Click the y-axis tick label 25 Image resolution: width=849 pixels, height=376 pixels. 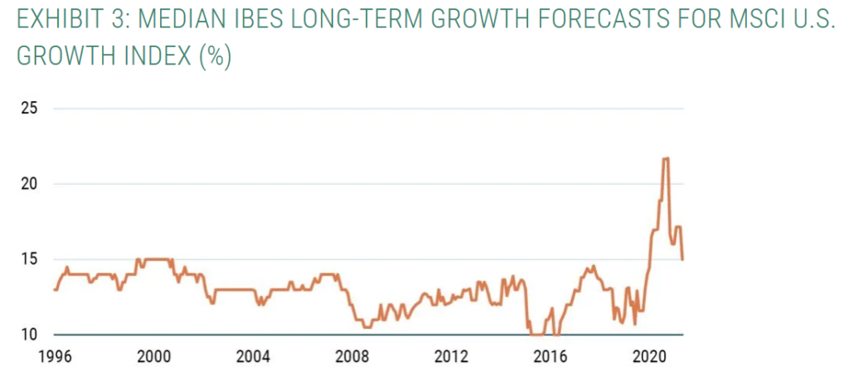[x=30, y=108]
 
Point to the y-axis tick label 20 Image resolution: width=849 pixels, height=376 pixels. [x=30, y=184]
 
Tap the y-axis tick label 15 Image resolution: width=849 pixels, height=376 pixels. [x=30, y=259]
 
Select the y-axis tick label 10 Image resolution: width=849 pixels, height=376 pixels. [x=30, y=335]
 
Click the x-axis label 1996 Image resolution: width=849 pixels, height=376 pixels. [x=55, y=358]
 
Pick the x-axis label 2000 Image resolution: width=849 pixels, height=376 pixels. [x=153, y=358]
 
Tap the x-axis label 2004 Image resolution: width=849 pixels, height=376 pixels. [x=253, y=358]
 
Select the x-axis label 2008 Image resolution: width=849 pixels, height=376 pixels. [x=352, y=358]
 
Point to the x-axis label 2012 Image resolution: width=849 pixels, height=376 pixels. [x=451, y=358]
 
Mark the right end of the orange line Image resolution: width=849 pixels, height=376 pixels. [x=682, y=259]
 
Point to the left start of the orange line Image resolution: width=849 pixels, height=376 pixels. [x=54, y=289]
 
